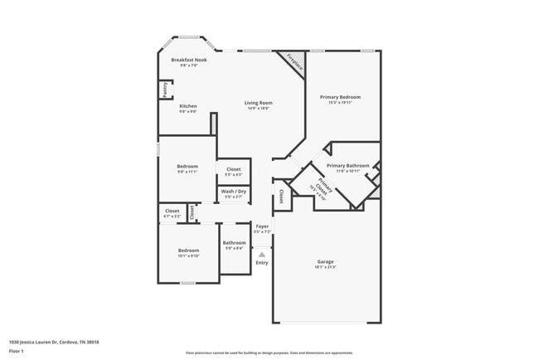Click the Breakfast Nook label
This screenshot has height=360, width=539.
click(189, 61)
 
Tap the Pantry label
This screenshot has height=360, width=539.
click(165, 89)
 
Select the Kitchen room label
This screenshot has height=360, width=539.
click(188, 106)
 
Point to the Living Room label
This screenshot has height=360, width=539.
click(259, 104)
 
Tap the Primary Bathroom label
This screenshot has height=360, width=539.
click(347, 166)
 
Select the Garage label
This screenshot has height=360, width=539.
click(325, 263)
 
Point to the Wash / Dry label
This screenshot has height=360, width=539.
click(234, 192)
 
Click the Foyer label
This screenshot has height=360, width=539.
click(262, 226)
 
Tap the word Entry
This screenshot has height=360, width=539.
click(262, 263)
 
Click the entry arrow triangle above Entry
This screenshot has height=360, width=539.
click(262, 254)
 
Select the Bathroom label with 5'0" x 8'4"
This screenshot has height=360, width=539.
click(234, 243)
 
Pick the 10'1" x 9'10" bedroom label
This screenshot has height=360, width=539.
click(188, 251)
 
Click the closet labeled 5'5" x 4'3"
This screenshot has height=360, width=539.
click(234, 170)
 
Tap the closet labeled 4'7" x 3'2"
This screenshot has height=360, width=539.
click(172, 212)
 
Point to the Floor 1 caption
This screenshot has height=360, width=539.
click(15, 351)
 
